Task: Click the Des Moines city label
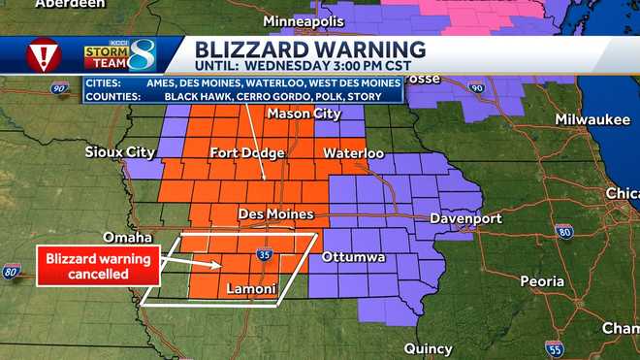pos(275,213)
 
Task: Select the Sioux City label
pos(119,152)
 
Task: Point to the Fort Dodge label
pos(247,153)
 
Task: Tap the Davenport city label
pos(467,218)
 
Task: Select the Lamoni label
pos(251,289)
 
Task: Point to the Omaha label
pos(128,238)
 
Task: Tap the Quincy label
pos(428,348)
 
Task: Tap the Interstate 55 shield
pos(554,346)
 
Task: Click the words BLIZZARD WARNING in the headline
pos(310,49)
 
